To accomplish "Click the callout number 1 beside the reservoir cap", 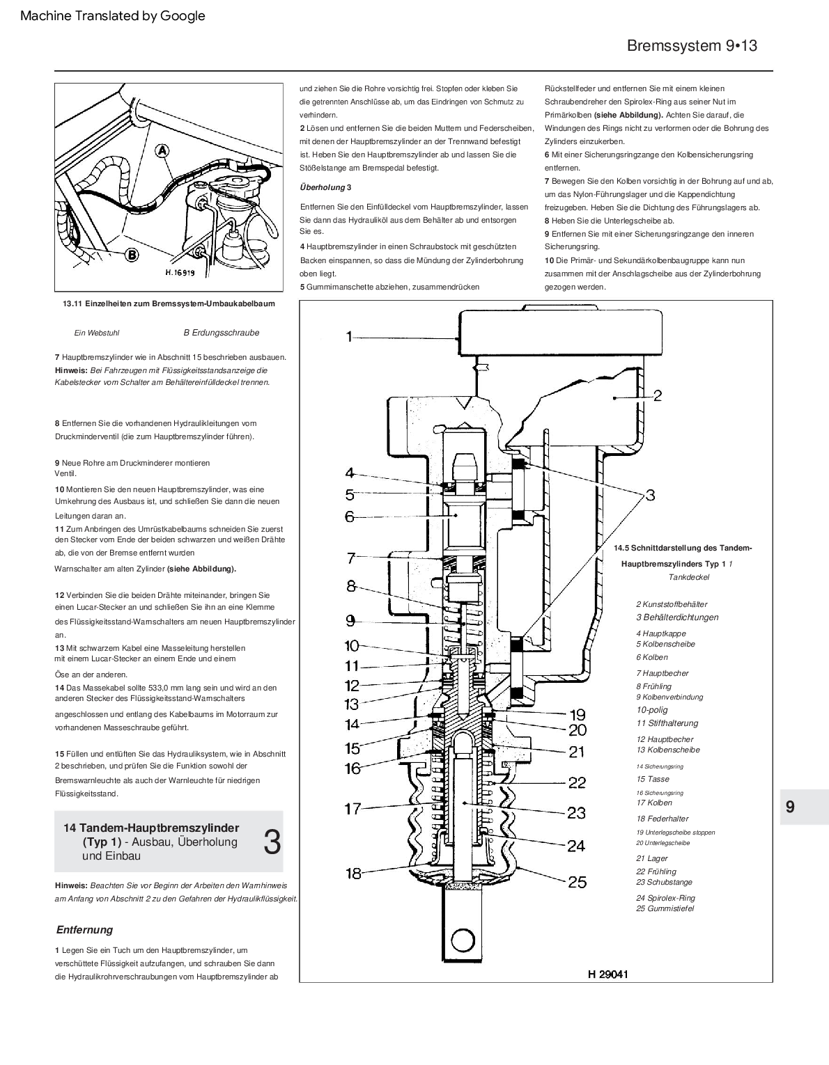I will click(350, 338).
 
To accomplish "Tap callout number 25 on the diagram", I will click(578, 882).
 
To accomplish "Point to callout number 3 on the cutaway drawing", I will click(649, 495).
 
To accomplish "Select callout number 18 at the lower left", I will click(354, 873).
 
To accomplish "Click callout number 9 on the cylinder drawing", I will click(350, 620).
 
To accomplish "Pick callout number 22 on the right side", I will click(577, 782).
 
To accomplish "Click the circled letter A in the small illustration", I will click(162, 150).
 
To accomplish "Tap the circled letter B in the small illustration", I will click(132, 255).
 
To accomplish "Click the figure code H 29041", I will click(607, 974).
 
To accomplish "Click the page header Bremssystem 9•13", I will click(692, 46).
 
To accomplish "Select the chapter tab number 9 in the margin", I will click(790, 807).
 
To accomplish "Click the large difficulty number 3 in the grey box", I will click(272, 842).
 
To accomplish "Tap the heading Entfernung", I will click(84, 930).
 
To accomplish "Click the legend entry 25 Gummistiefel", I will click(665, 908).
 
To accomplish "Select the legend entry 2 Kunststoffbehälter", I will click(672, 604).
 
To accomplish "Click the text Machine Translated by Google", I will click(113, 15).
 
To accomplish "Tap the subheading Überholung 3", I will click(326, 187).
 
